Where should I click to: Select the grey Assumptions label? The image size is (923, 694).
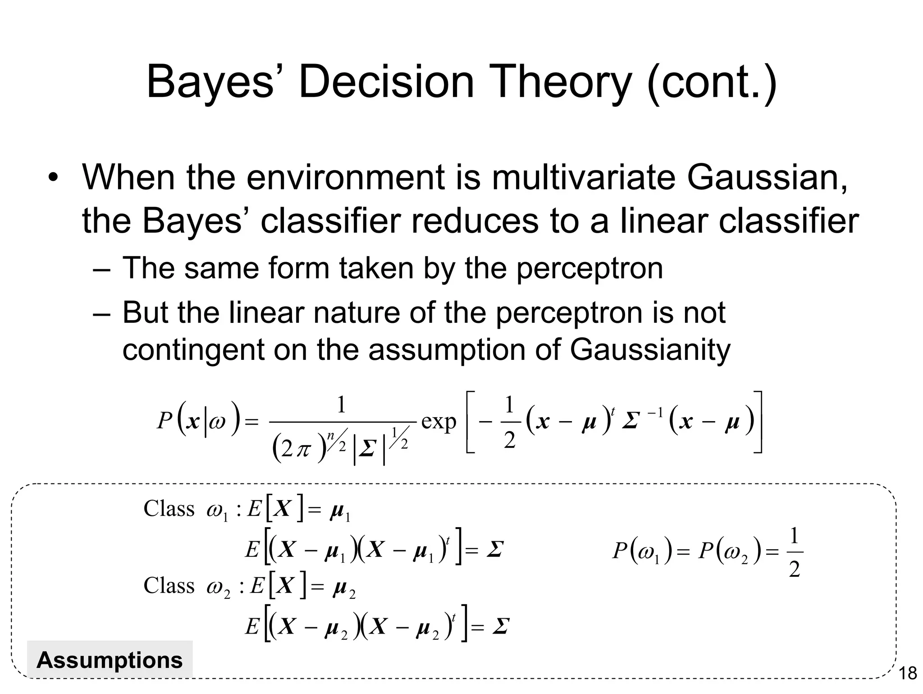coord(110,660)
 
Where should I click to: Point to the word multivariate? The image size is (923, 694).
coord(584,177)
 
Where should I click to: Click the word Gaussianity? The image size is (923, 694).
coord(650,349)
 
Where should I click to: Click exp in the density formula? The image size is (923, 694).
coord(439,422)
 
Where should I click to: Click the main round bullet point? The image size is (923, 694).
coord(54,177)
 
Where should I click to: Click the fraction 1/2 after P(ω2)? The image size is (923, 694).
coord(794,553)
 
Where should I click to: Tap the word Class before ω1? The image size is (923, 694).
coord(169,509)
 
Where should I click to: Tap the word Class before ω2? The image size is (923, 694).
coord(169,586)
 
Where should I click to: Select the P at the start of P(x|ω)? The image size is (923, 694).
coord(164,422)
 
